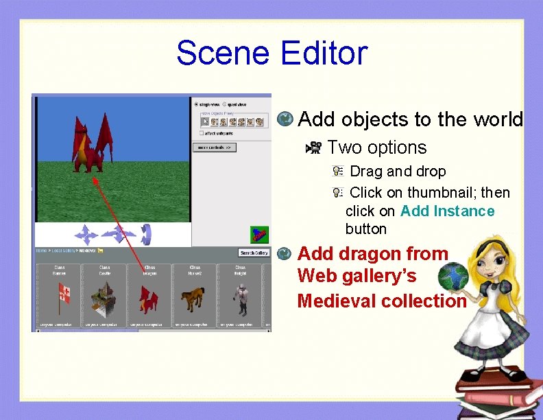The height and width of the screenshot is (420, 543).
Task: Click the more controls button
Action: tap(215, 147)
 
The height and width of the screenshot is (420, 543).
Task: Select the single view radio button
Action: tap(196, 104)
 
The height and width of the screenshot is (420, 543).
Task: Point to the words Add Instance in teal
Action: tap(447, 211)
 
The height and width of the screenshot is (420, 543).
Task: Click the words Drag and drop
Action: tap(398, 172)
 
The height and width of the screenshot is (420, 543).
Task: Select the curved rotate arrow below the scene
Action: tap(146, 235)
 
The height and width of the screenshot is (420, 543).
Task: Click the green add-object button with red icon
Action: tap(258, 234)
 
